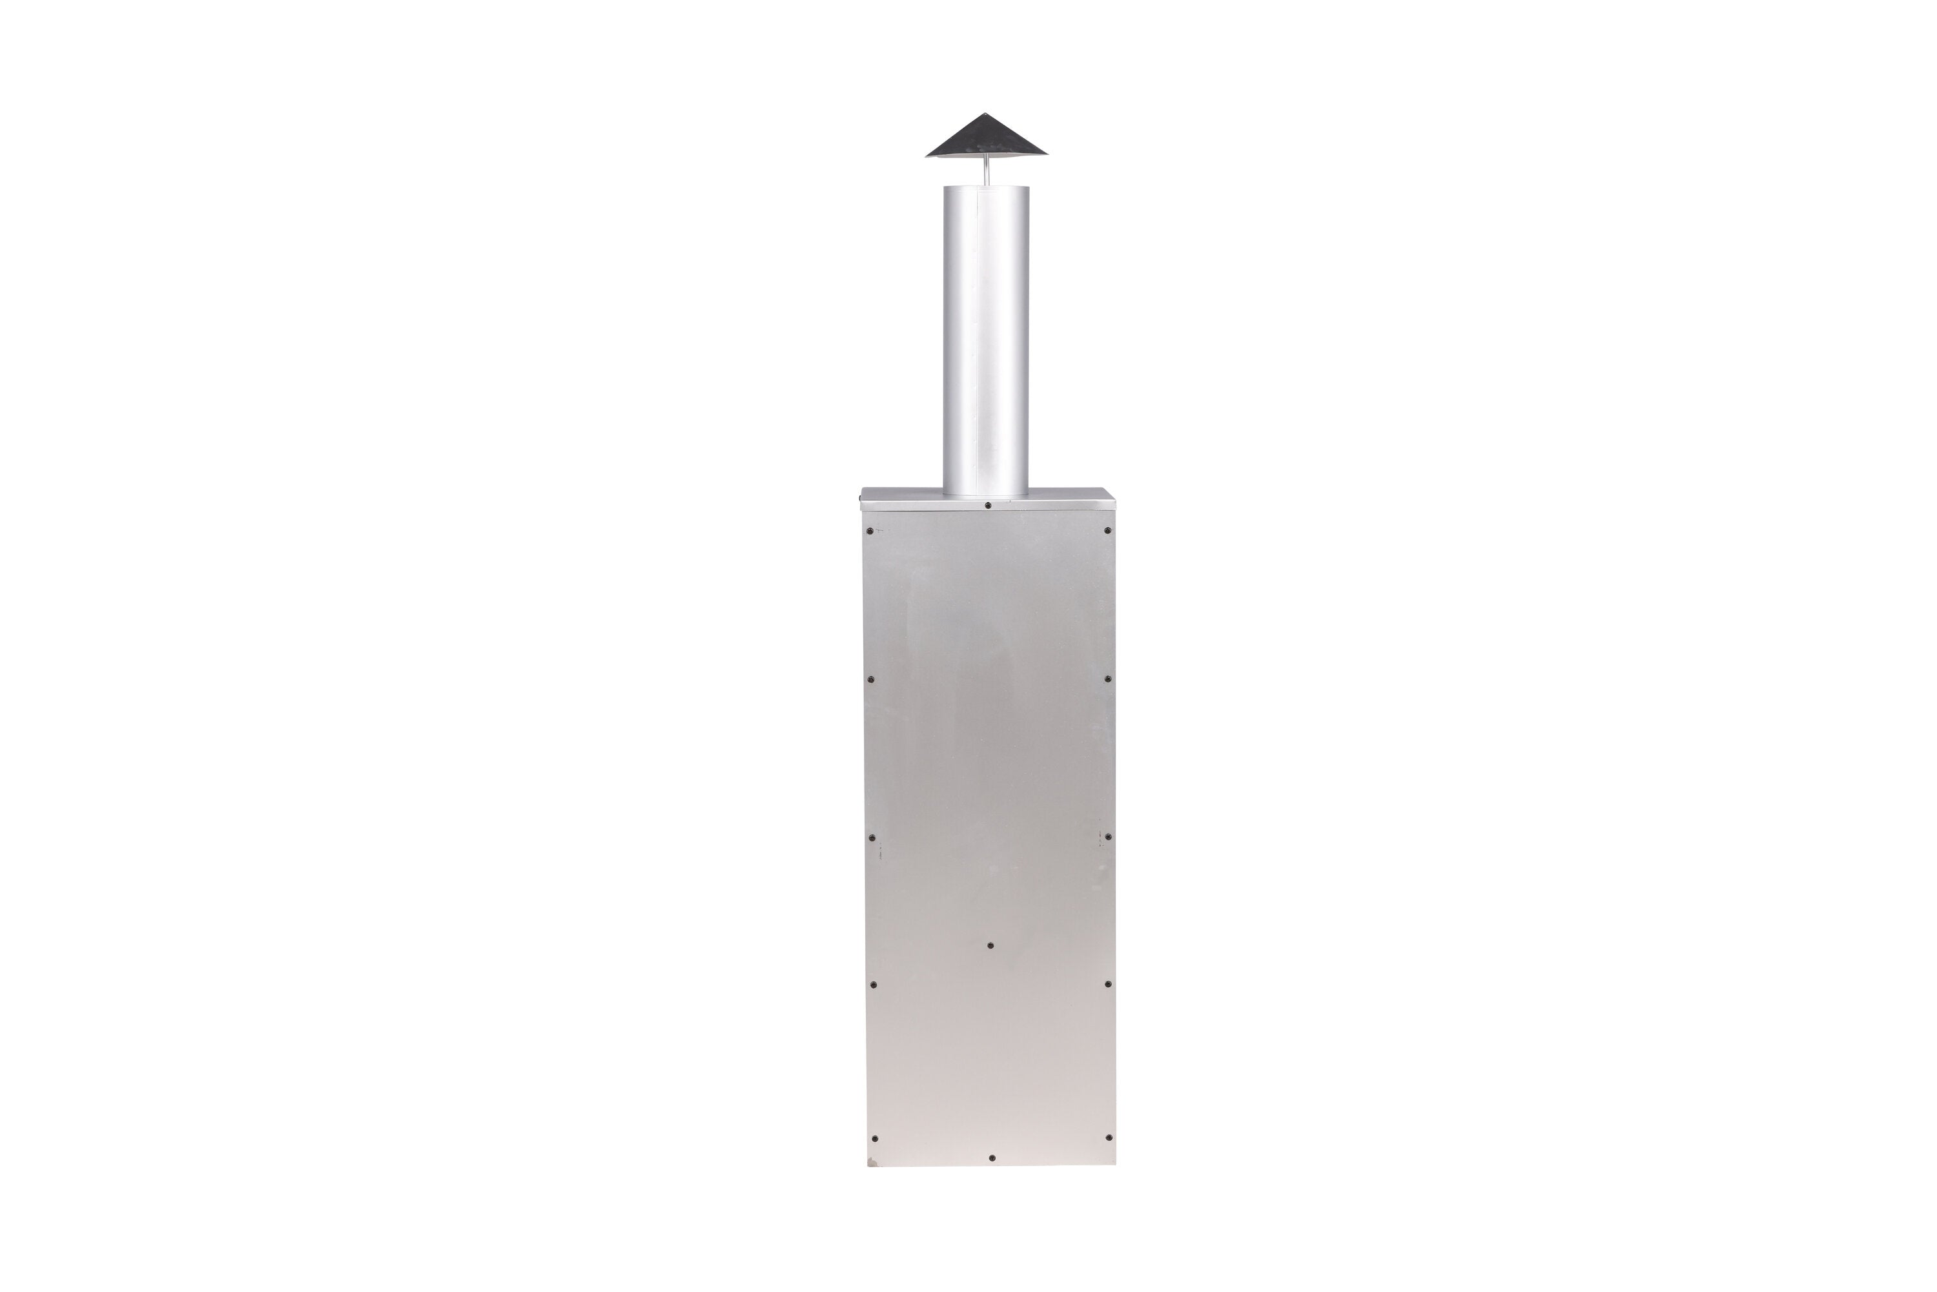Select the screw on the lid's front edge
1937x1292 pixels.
987,504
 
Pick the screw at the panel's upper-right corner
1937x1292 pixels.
1107,530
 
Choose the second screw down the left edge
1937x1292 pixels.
872,680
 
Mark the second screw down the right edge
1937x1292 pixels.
1107,680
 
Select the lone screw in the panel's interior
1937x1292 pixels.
990,945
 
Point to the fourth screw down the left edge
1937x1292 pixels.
874,984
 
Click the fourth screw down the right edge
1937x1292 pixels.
1107,984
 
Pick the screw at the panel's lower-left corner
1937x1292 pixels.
874,1139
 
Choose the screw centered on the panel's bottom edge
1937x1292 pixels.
991,1158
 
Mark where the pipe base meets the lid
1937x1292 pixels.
985,495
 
